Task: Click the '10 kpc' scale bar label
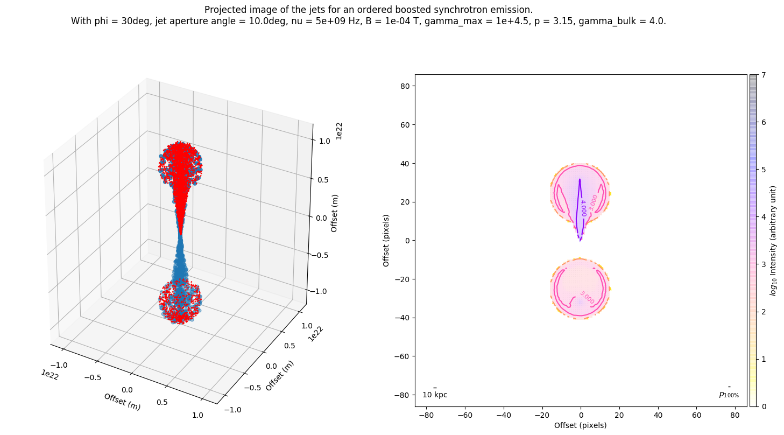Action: (435, 395)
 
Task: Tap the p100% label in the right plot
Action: (729, 395)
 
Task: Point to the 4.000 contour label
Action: (583, 208)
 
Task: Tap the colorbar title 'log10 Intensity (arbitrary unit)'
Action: (774, 240)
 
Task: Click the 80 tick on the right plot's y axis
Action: (404, 86)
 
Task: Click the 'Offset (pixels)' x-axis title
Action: (581, 425)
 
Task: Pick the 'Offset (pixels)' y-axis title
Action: (386, 240)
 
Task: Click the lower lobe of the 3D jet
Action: (180, 301)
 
